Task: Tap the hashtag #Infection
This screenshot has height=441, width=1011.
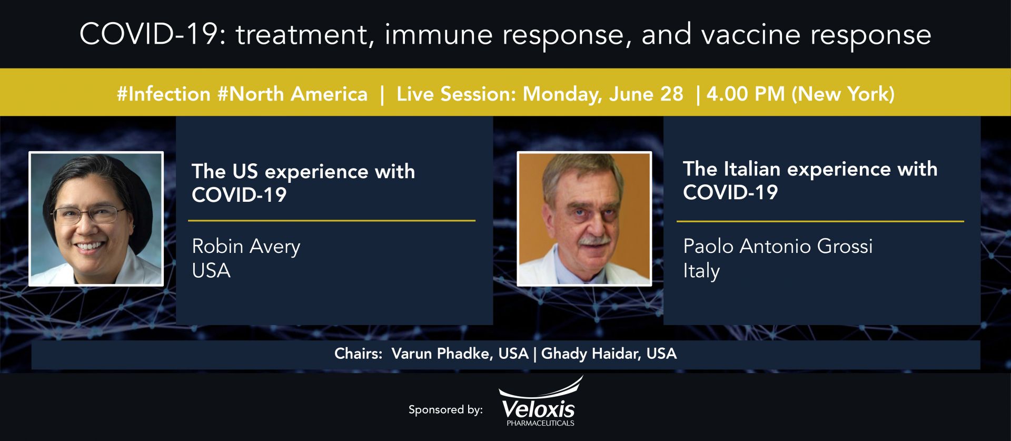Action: coord(164,94)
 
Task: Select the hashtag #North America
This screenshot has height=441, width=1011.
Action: coord(293,94)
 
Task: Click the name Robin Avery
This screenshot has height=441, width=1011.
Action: coord(246,247)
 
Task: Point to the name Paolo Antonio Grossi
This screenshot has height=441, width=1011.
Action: coord(778,246)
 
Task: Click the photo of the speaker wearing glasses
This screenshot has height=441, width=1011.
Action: coord(96,219)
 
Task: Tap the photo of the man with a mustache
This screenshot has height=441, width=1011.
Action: coord(584,219)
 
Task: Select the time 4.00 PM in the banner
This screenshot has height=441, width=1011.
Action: coord(746,94)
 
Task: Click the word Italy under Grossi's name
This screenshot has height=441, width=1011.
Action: coord(701,271)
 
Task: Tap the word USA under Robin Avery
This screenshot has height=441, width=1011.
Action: coord(211,271)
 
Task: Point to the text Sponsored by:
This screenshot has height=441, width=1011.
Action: coord(445,410)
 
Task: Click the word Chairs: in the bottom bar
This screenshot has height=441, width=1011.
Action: coord(359,354)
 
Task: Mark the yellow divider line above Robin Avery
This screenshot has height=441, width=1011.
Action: coord(332,221)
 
